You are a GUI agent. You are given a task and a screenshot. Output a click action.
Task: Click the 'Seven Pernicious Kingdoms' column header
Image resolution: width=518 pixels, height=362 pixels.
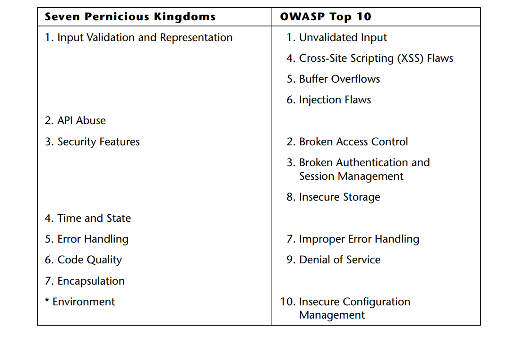click(x=130, y=17)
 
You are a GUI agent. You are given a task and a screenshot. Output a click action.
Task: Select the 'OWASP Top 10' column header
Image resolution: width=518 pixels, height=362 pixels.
click(x=326, y=17)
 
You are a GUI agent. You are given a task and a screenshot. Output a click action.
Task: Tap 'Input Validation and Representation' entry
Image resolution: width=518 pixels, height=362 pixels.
click(x=145, y=38)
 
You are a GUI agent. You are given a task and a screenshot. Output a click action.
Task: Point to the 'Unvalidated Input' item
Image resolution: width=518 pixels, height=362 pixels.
click(x=343, y=38)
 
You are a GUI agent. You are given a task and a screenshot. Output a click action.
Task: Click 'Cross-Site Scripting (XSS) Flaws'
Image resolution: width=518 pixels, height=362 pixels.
click(x=376, y=59)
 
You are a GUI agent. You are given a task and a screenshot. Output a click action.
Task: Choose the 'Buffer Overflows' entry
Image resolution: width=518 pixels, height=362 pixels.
click(x=340, y=79)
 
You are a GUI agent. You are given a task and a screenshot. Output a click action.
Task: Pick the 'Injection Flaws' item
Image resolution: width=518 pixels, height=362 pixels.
click(x=335, y=100)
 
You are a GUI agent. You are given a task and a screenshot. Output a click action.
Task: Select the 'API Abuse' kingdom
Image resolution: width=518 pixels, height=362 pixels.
click(x=82, y=121)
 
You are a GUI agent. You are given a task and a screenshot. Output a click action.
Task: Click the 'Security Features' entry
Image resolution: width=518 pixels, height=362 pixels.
click(x=98, y=142)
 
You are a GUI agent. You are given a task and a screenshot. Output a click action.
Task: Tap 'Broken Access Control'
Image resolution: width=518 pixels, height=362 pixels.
click(x=354, y=142)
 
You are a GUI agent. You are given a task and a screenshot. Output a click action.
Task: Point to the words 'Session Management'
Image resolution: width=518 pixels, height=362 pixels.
click(x=351, y=177)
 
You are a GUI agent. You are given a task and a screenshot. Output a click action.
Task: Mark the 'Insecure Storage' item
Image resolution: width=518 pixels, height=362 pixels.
click(x=340, y=197)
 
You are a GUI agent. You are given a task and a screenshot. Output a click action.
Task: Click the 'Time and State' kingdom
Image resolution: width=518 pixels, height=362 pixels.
click(x=94, y=218)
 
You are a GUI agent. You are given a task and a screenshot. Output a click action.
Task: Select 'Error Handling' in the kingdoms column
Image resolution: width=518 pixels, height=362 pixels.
click(x=93, y=239)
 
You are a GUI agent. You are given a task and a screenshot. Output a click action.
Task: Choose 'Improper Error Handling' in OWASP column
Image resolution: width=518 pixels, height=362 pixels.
click(x=359, y=239)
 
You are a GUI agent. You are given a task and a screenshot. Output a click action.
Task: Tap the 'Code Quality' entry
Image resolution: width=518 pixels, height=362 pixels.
click(x=89, y=260)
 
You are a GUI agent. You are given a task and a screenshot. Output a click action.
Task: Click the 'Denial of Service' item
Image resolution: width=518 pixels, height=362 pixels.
click(x=340, y=260)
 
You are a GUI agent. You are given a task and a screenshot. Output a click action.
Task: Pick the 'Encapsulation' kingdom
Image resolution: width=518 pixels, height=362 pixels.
click(x=91, y=281)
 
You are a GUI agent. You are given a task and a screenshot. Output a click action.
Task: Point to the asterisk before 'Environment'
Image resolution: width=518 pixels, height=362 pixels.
click(x=47, y=300)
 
